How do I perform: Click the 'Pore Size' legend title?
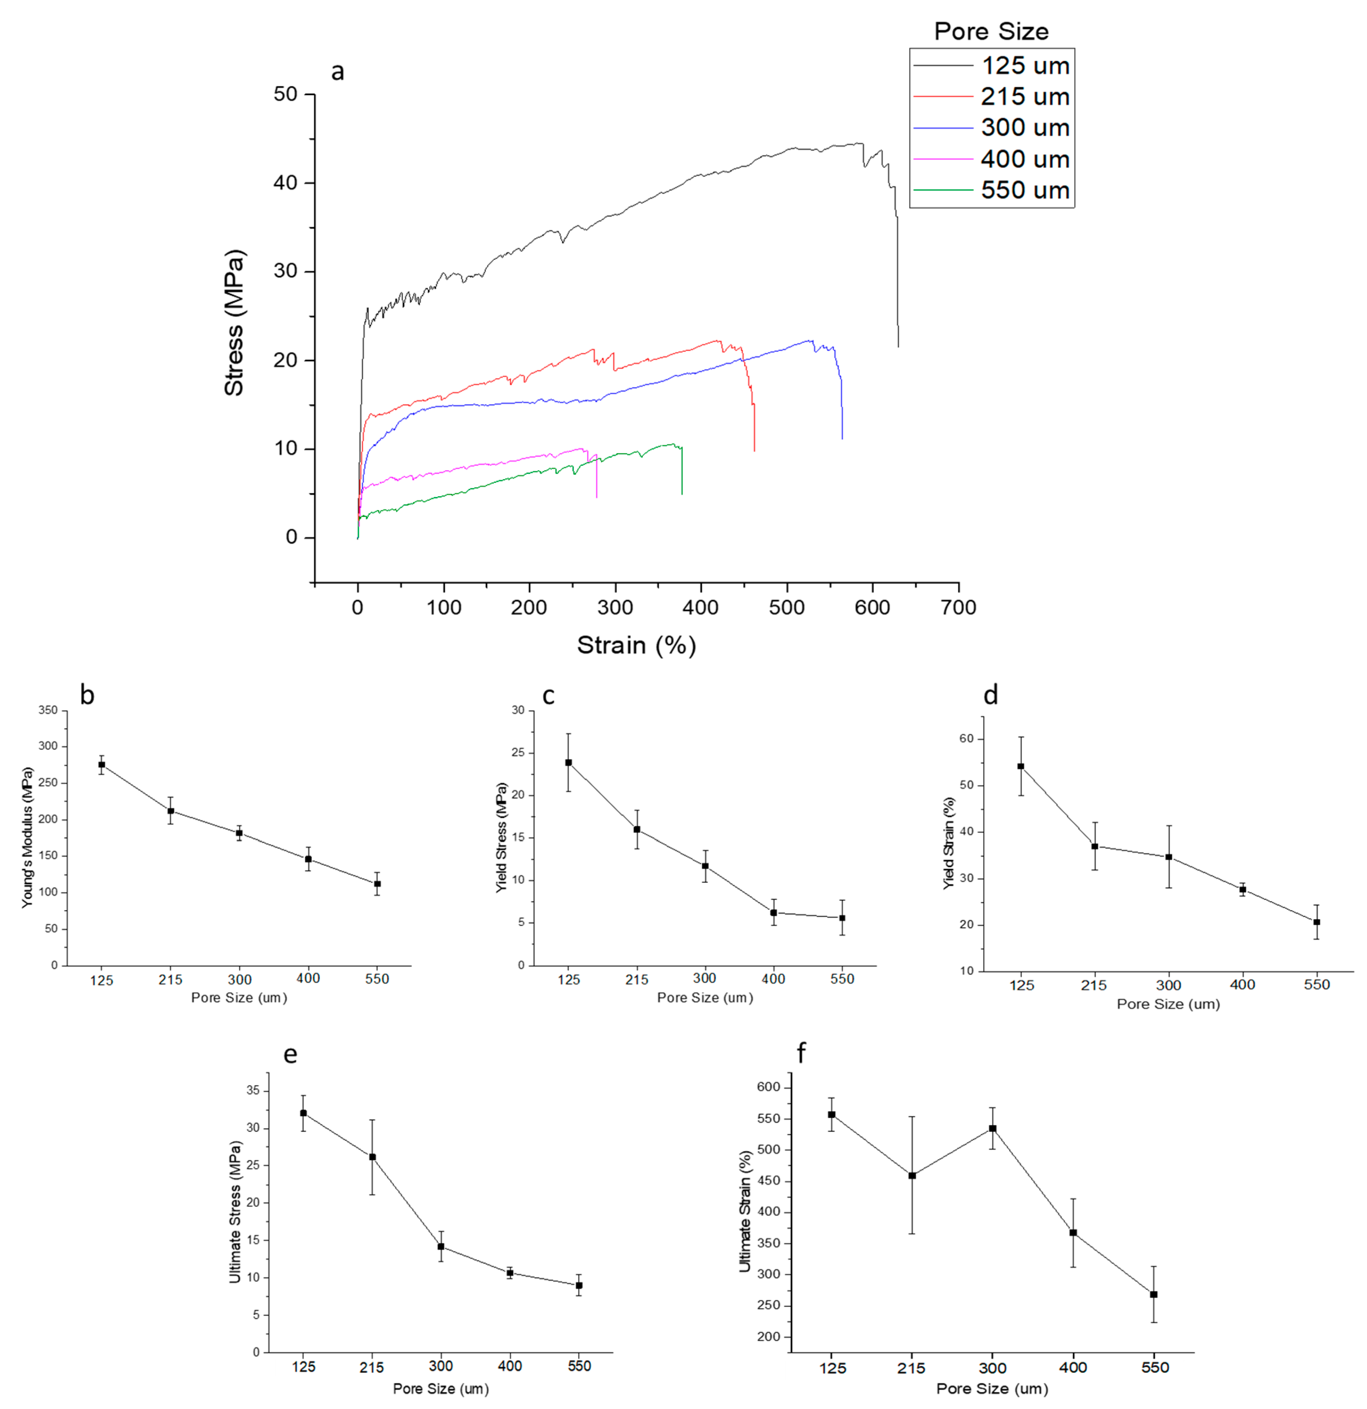point(991,31)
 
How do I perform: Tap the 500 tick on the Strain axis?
point(787,608)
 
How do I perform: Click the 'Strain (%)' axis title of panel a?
point(636,645)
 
